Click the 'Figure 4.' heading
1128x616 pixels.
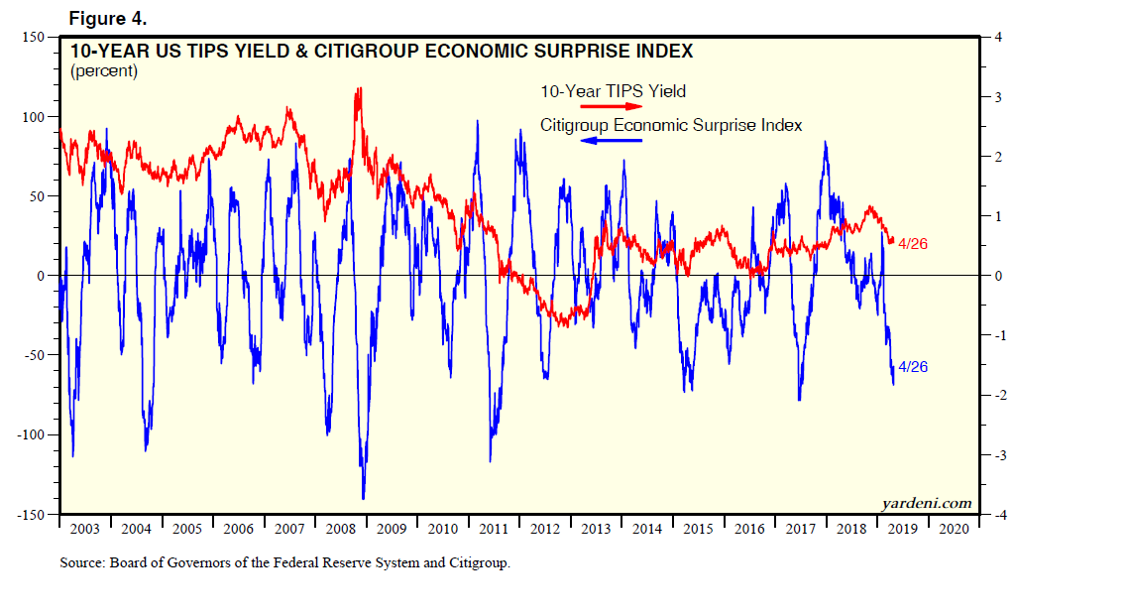[107, 17]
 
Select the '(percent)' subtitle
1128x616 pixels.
[103, 71]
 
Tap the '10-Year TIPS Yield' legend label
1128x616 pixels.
[613, 91]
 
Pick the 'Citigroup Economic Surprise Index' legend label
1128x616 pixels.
[671, 125]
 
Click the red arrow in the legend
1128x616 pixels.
[613, 106]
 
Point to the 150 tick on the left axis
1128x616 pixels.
[33, 37]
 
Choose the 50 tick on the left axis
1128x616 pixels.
[36, 196]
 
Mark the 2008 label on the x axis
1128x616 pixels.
[340, 529]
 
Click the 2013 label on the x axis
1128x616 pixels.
[596, 529]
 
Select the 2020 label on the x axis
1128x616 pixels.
[953, 529]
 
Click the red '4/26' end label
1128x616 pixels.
[912, 243]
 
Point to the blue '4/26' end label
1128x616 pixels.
[912, 367]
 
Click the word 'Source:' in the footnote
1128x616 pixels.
[83, 563]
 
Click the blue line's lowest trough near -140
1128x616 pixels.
[364, 497]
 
